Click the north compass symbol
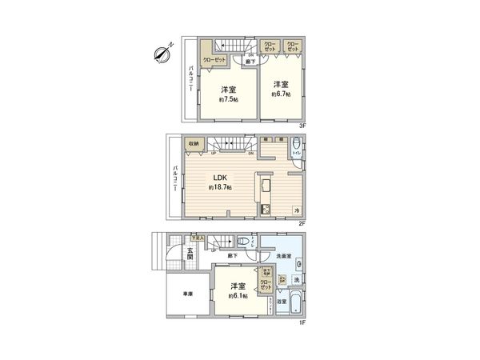160,54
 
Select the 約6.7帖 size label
280,94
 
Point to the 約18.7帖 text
220,187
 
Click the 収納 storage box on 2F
194,145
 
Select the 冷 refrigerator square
296,210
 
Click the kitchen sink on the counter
266,190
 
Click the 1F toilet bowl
241,242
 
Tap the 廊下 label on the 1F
233,255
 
